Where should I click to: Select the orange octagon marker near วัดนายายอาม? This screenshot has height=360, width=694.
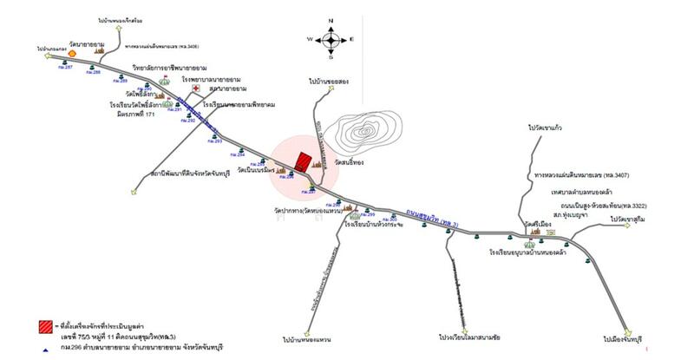tap(74, 53)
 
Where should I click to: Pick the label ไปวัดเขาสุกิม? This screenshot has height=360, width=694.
tap(631, 220)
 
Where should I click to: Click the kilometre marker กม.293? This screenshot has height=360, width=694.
tap(216, 141)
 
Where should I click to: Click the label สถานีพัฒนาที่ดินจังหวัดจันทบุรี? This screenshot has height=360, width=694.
tap(195, 174)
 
